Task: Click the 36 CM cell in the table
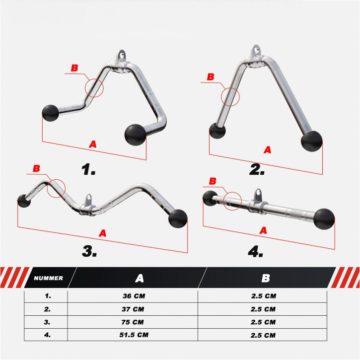click(134, 296)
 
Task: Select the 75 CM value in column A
click(133, 322)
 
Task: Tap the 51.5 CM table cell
click(134, 335)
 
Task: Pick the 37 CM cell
click(133, 309)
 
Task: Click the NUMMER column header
click(49, 278)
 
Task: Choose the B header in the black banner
click(266, 278)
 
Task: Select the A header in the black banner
click(140, 278)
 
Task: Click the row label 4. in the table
click(47, 335)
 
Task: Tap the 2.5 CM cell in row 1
click(264, 296)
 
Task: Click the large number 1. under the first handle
click(88, 169)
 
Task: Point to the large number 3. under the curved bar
click(89, 251)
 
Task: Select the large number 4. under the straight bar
click(255, 251)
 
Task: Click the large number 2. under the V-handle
click(257, 170)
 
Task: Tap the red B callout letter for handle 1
click(74, 68)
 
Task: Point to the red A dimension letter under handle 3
click(102, 233)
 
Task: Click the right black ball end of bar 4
click(324, 219)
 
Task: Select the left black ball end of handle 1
click(50, 113)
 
